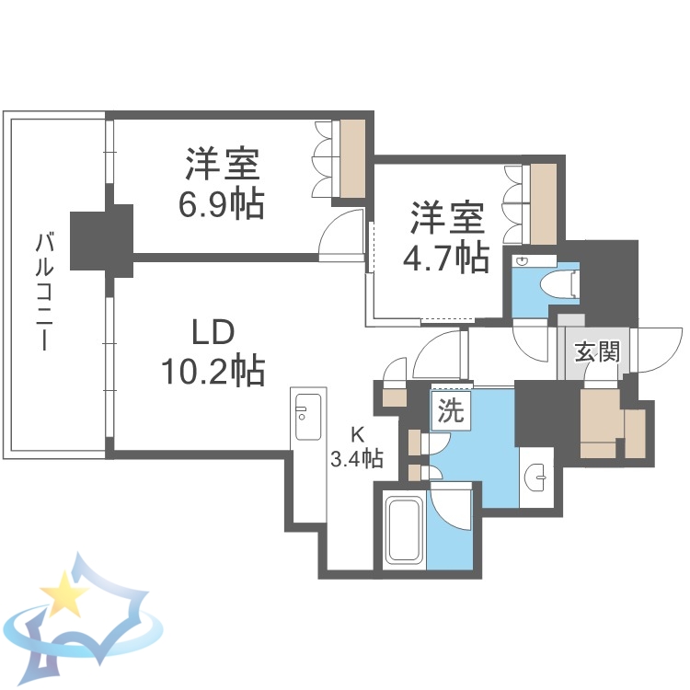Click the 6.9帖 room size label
coord(221,202)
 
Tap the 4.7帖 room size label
coord(446,259)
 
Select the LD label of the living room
coord(213,331)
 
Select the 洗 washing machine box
coord(450,411)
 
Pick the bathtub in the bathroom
coord(403,531)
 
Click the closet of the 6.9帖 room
coord(352,157)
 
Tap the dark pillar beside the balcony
coord(101,238)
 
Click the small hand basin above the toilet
coord(523,261)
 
